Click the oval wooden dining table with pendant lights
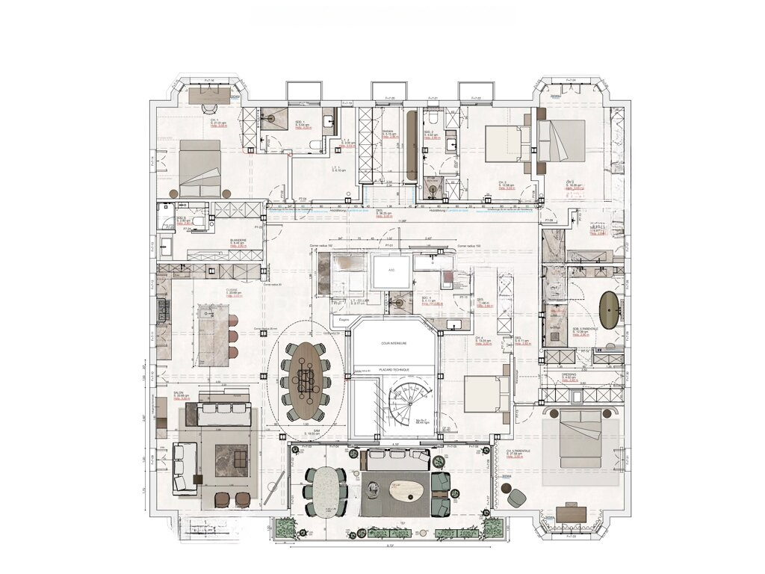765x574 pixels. pyautogui.click(x=306, y=380)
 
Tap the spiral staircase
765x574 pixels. pyautogui.click(x=407, y=407)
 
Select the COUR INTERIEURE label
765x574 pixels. pyautogui.click(x=393, y=344)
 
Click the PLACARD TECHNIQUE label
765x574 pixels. pyautogui.click(x=393, y=369)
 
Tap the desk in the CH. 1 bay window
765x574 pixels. pyautogui.click(x=209, y=95)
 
